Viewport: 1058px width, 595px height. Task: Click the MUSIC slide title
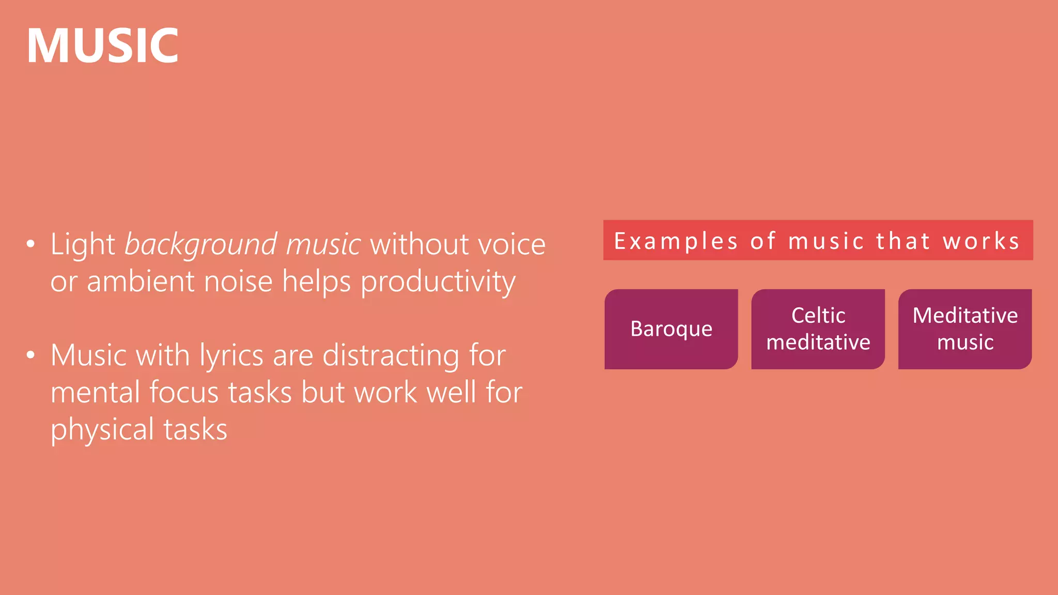click(102, 46)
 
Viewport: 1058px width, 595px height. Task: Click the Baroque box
click(671, 329)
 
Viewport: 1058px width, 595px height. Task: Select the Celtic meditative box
click(818, 329)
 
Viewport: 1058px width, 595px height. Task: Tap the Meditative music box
click(964, 329)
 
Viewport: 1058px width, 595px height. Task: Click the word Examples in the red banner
click(676, 241)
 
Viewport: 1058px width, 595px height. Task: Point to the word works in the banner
click(981, 241)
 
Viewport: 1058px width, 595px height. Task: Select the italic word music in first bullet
click(323, 244)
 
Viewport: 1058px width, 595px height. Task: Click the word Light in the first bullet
click(83, 244)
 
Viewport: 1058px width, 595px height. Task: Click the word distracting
click(391, 356)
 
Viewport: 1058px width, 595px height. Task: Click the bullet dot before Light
click(31, 244)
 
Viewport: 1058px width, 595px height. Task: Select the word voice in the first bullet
click(512, 244)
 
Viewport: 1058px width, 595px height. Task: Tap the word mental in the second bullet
click(95, 393)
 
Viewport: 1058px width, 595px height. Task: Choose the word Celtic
click(818, 315)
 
